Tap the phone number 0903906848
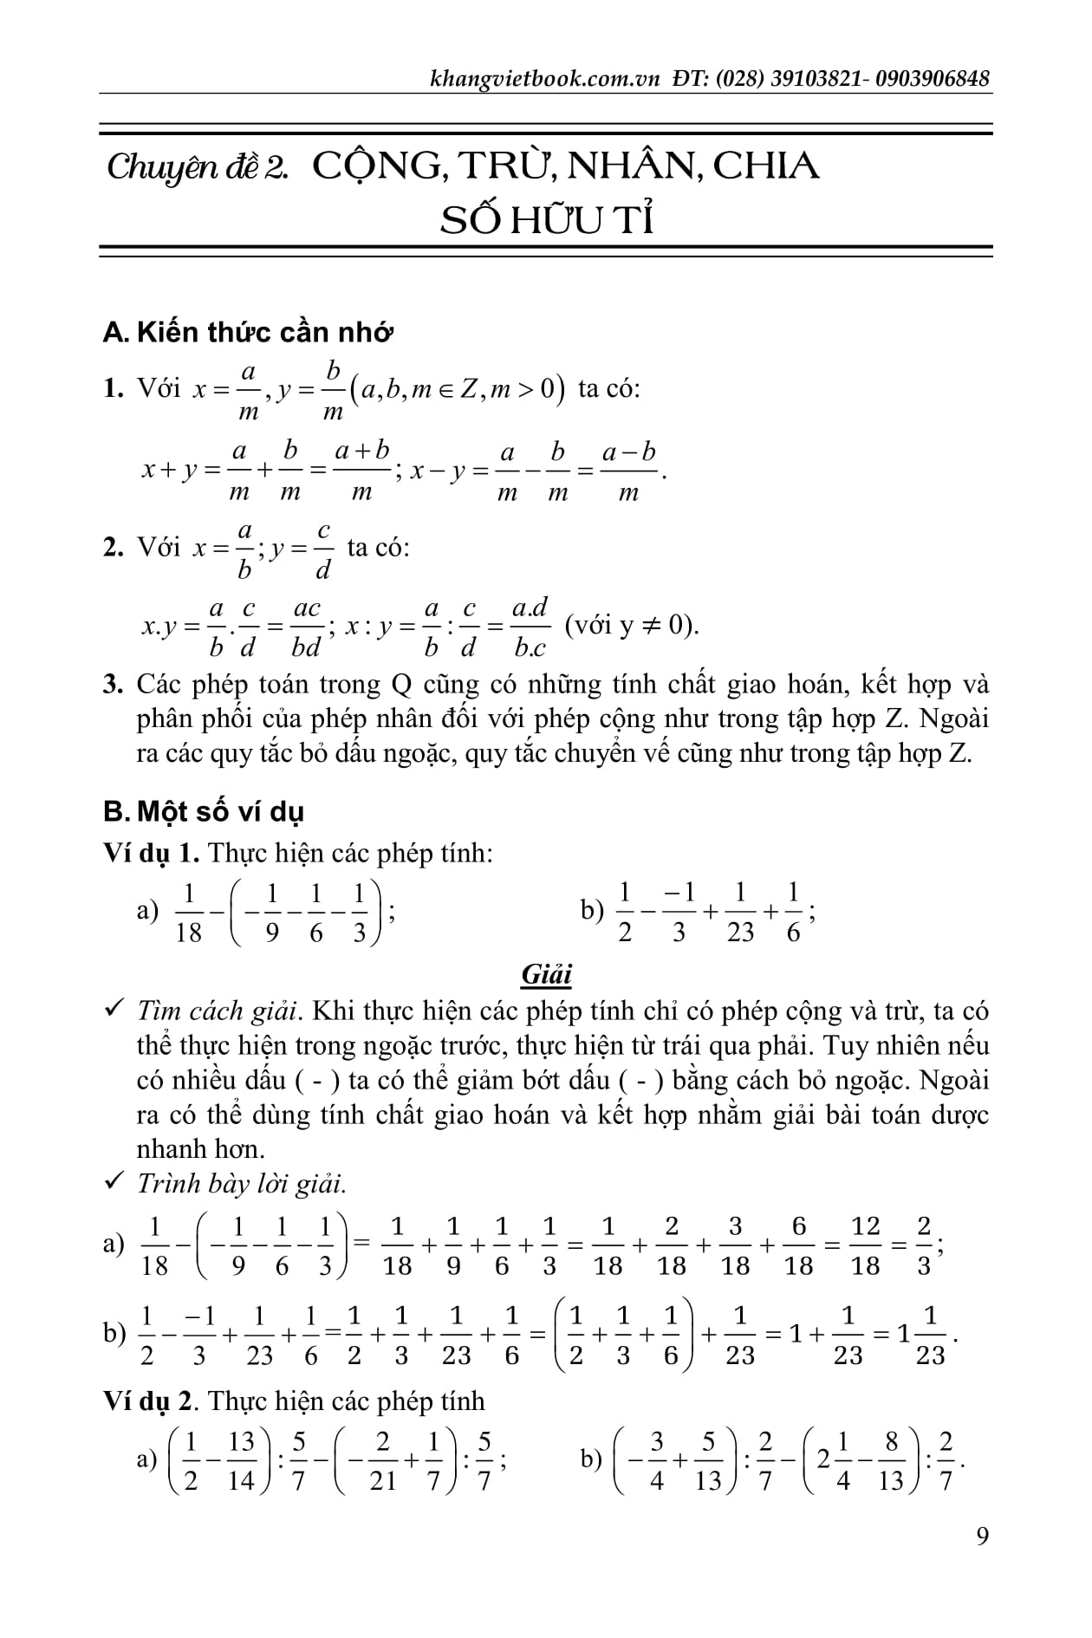click(x=933, y=79)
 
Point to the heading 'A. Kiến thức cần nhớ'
click(x=248, y=332)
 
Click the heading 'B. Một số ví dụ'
click(x=203, y=812)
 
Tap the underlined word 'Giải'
click(x=546, y=975)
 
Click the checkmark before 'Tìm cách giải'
click(x=112, y=1010)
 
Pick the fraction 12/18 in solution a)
click(x=865, y=1245)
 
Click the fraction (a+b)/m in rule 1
click(x=362, y=471)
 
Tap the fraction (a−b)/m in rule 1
click(x=628, y=471)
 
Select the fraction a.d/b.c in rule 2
click(x=530, y=627)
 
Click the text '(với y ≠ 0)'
click(x=632, y=626)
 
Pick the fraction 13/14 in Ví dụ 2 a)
click(x=240, y=1460)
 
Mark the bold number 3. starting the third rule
click(x=113, y=685)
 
